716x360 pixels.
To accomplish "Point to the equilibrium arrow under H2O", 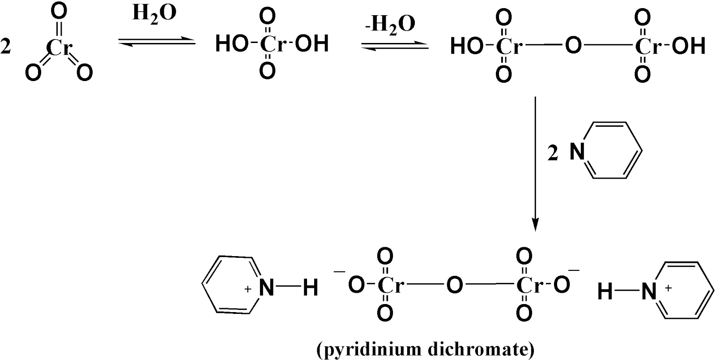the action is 157,42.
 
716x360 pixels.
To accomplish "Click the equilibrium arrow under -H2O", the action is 395,45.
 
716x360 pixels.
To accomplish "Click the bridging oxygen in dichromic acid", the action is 572,46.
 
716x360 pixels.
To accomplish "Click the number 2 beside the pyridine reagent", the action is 553,154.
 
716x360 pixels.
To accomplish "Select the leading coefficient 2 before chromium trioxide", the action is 6,47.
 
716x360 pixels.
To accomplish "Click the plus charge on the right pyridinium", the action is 669,288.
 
